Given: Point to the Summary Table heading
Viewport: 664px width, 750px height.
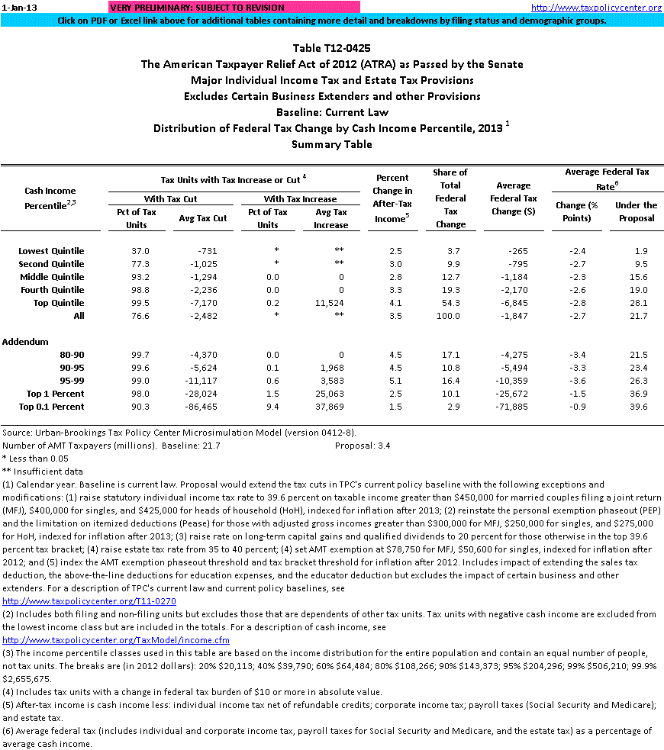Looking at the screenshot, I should (332, 143).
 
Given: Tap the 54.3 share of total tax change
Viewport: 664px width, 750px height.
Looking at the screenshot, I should (450, 303).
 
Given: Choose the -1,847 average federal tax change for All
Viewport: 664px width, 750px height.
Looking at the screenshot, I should (514, 316).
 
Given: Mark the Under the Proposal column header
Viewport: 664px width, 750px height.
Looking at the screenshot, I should (637, 211).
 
